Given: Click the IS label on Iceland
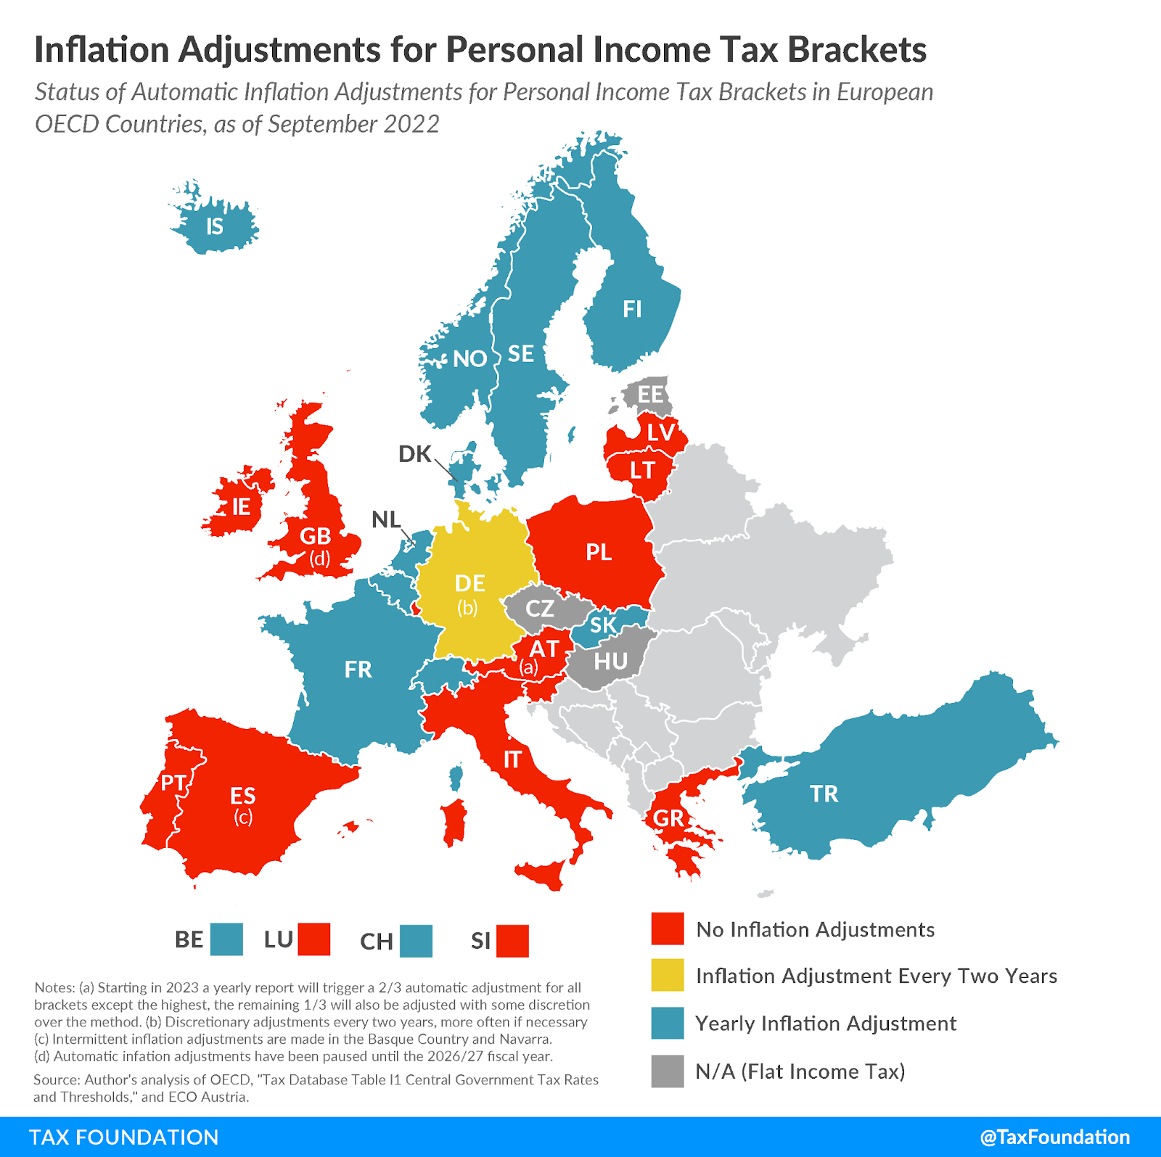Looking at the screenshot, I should pos(215,226).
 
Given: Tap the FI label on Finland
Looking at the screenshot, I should pos(632,309).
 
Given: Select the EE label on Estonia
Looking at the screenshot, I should pos(650,395).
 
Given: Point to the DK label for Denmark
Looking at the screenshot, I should pos(415,454).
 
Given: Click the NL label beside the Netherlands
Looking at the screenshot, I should pos(385,519).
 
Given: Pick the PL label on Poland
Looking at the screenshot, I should pos(599,552).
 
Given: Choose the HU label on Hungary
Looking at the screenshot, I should pos(610,661).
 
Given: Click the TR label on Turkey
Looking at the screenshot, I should pos(824,793).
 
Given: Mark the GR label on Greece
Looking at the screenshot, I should pos(668,818).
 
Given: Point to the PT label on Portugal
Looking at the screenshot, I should pos(173,783).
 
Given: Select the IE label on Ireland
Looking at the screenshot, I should pos(241,506).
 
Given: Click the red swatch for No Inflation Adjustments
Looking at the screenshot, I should pos(668,929).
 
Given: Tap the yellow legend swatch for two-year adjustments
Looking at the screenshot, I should pos(668,975).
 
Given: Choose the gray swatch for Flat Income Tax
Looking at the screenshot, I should pos(668,1071).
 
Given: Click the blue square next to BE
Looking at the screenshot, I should pos(226,939).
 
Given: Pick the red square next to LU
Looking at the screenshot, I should pos(314,939).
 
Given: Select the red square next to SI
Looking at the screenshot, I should pos(512,941).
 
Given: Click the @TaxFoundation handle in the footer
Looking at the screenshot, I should pos(1054,1137).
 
